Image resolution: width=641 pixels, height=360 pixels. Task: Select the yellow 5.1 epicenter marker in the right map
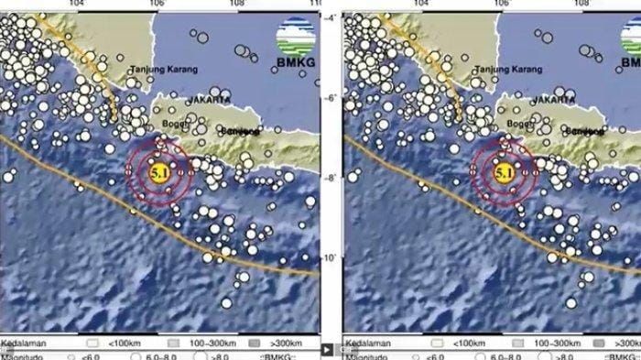[503, 171]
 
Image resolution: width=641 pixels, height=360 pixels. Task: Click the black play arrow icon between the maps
[327, 349]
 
